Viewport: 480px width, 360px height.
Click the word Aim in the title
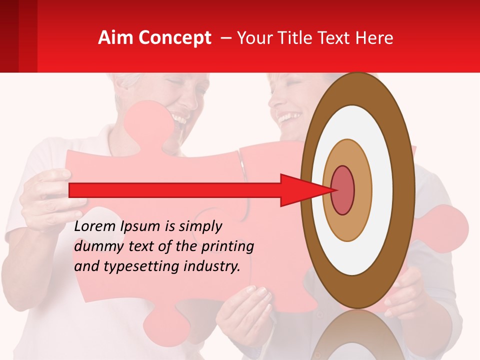115,38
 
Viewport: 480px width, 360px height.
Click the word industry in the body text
212,266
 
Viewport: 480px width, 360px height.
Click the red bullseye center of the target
343,190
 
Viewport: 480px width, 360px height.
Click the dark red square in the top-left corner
9,36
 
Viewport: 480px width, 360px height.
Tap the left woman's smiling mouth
179,120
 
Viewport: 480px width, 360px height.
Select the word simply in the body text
200,226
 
